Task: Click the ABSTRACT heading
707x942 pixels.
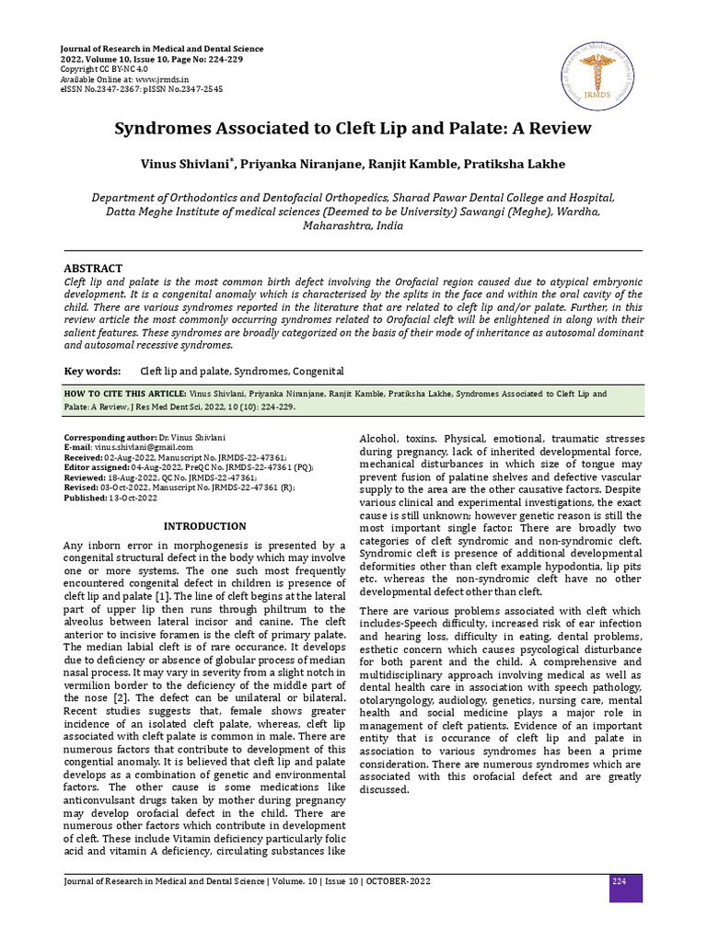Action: click(x=93, y=268)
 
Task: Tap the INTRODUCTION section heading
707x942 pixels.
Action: click(x=204, y=526)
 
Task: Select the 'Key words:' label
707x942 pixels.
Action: click(x=92, y=371)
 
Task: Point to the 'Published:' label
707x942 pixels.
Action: click(x=85, y=498)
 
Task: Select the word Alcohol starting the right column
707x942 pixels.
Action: click(x=377, y=439)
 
